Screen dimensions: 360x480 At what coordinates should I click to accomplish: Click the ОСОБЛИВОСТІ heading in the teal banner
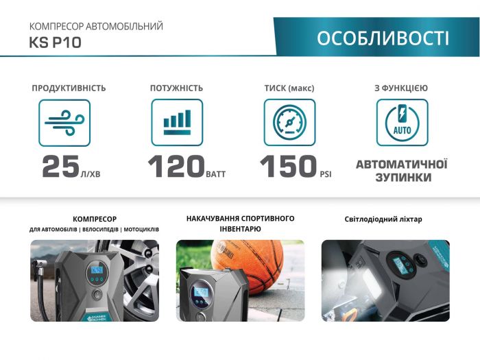[x=383, y=38]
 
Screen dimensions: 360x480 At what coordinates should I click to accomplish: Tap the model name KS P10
[x=56, y=43]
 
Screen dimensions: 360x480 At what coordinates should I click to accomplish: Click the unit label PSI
[x=325, y=175]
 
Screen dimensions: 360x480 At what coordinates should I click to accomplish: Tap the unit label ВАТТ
[x=215, y=175]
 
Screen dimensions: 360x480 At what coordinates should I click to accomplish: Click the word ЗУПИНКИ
[x=402, y=178]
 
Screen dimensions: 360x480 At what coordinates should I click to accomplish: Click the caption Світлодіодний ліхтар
[x=383, y=219]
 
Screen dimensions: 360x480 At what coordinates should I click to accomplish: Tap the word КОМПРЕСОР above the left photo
[x=94, y=219]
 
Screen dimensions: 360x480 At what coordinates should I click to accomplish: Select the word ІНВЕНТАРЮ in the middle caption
[x=240, y=228]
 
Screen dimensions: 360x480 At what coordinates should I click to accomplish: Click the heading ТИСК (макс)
[x=289, y=88]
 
